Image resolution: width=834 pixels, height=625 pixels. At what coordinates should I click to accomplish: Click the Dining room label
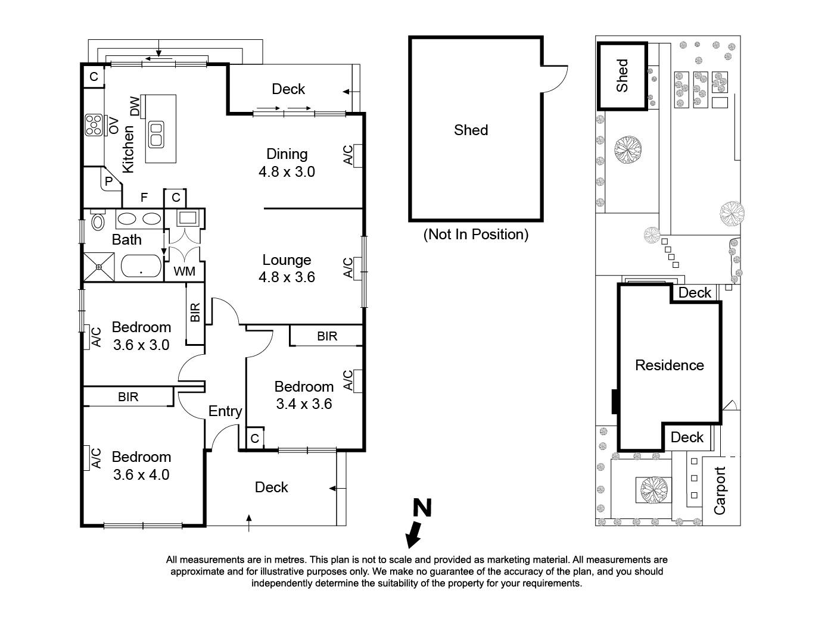(x=287, y=154)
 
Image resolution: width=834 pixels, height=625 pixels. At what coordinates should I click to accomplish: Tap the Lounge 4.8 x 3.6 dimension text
(x=287, y=277)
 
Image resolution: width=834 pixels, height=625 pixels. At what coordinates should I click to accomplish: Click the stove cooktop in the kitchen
(x=93, y=126)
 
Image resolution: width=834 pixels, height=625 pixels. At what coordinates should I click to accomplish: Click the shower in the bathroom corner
(x=98, y=266)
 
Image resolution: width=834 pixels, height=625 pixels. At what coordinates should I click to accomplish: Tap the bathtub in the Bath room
(x=141, y=266)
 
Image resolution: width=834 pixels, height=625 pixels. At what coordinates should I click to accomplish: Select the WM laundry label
(x=184, y=272)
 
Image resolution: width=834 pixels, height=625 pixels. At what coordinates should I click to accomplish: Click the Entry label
(x=225, y=411)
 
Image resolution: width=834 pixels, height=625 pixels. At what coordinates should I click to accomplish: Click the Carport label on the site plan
(x=720, y=490)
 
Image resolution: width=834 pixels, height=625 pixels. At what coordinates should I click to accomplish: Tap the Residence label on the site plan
(x=669, y=365)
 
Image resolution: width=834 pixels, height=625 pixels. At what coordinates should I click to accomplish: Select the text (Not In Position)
(x=475, y=235)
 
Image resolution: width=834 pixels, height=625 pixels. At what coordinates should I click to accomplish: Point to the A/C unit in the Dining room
(x=357, y=155)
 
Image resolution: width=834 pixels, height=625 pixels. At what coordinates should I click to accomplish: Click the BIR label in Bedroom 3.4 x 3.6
(x=327, y=336)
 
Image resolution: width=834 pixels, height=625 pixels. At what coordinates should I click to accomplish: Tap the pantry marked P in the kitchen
(x=109, y=181)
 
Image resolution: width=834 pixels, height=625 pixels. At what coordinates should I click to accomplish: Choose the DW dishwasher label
(x=135, y=107)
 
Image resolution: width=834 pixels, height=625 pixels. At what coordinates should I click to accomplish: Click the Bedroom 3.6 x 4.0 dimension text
(x=141, y=475)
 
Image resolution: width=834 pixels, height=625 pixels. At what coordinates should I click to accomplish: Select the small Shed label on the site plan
(x=622, y=75)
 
